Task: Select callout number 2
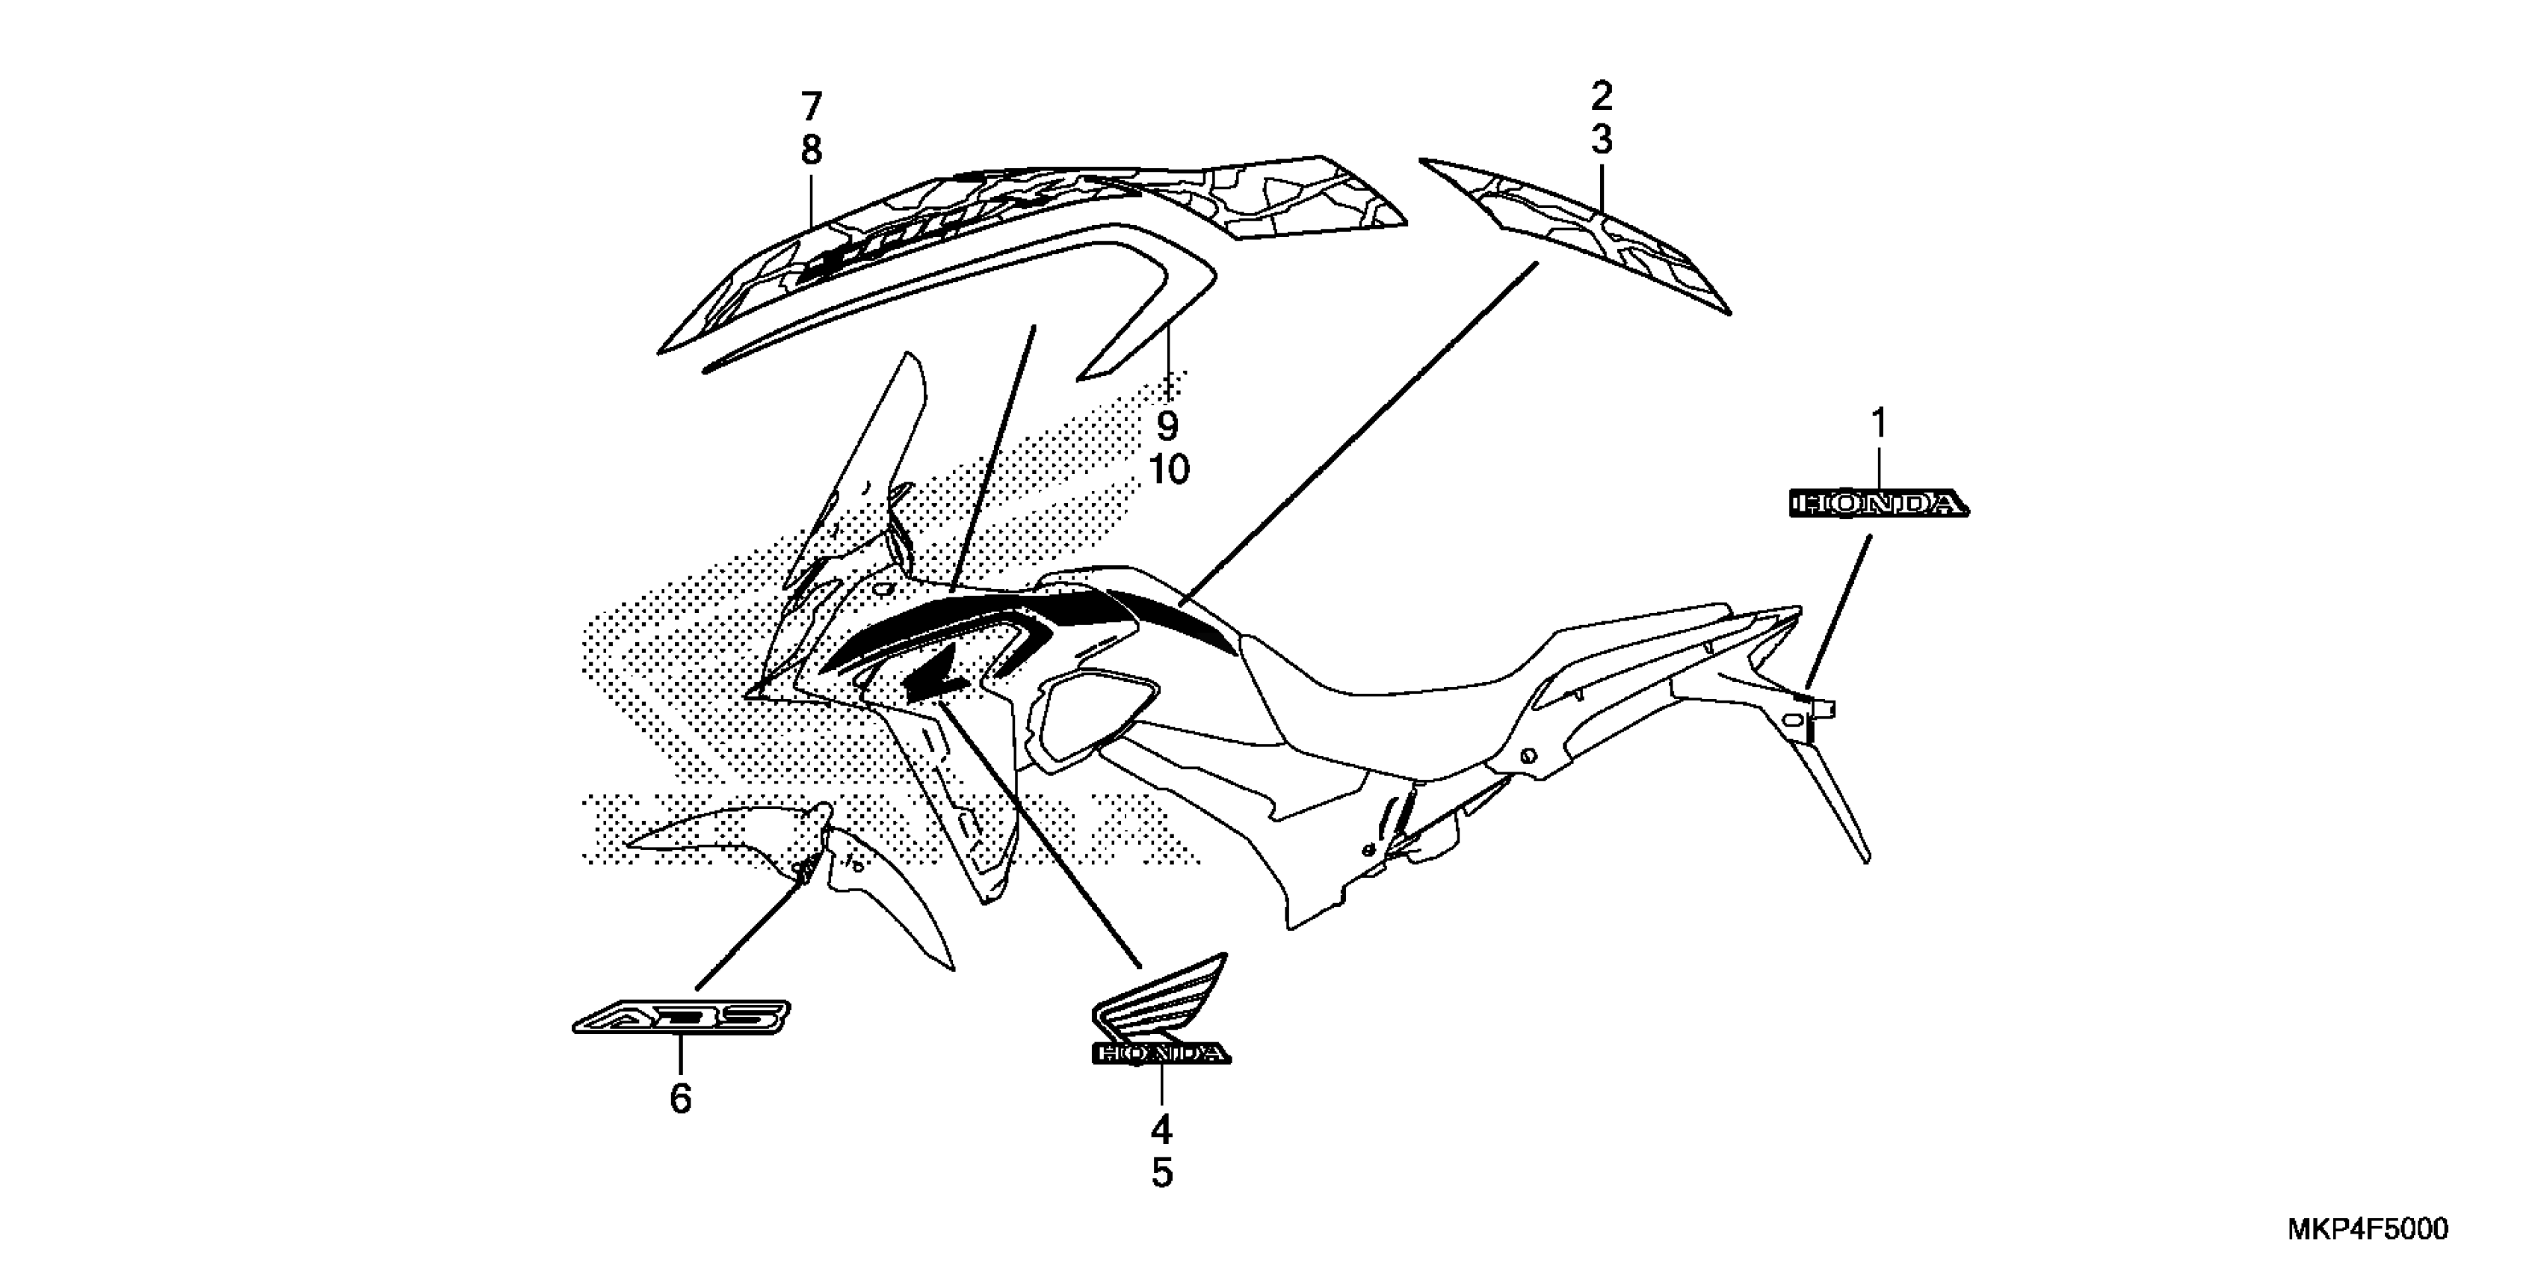click(x=1601, y=96)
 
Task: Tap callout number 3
click(x=1601, y=140)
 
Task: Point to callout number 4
click(x=1162, y=1129)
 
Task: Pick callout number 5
click(x=1162, y=1173)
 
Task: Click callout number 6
click(x=681, y=1098)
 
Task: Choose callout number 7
click(x=811, y=105)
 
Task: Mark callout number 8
click(x=811, y=150)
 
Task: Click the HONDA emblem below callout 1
click(x=1878, y=504)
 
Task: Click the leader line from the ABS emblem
click(x=750, y=932)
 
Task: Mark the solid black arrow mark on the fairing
click(x=932, y=681)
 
